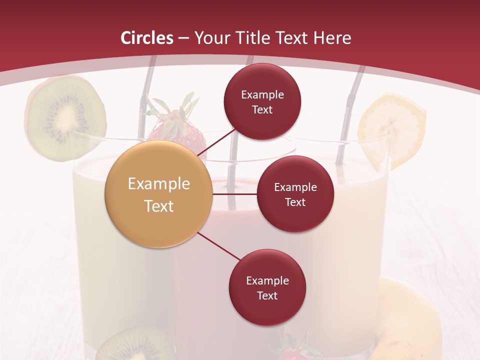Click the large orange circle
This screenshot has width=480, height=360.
(x=158, y=194)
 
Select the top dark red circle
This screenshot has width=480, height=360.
(x=262, y=101)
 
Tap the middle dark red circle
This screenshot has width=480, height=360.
(x=295, y=194)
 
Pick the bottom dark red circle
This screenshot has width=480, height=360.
(x=267, y=287)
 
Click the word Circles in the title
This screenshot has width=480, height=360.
(x=147, y=38)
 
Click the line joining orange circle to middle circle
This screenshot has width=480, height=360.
(x=234, y=194)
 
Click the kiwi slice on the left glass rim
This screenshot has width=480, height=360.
(x=65, y=119)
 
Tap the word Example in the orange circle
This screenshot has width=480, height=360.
(x=158, y=184)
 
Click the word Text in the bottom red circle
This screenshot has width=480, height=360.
(x=267, y=295)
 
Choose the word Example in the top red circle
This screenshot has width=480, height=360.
(x=262, y=94)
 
